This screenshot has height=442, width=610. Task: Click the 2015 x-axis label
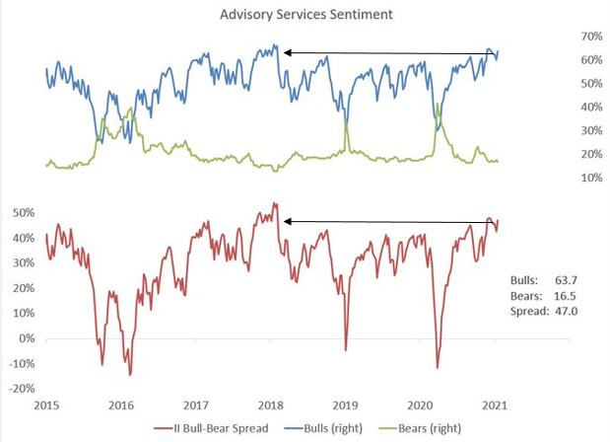pos(45,405)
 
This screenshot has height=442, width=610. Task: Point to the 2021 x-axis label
pos(494,405)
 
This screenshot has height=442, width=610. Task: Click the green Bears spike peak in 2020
pos(437,103)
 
